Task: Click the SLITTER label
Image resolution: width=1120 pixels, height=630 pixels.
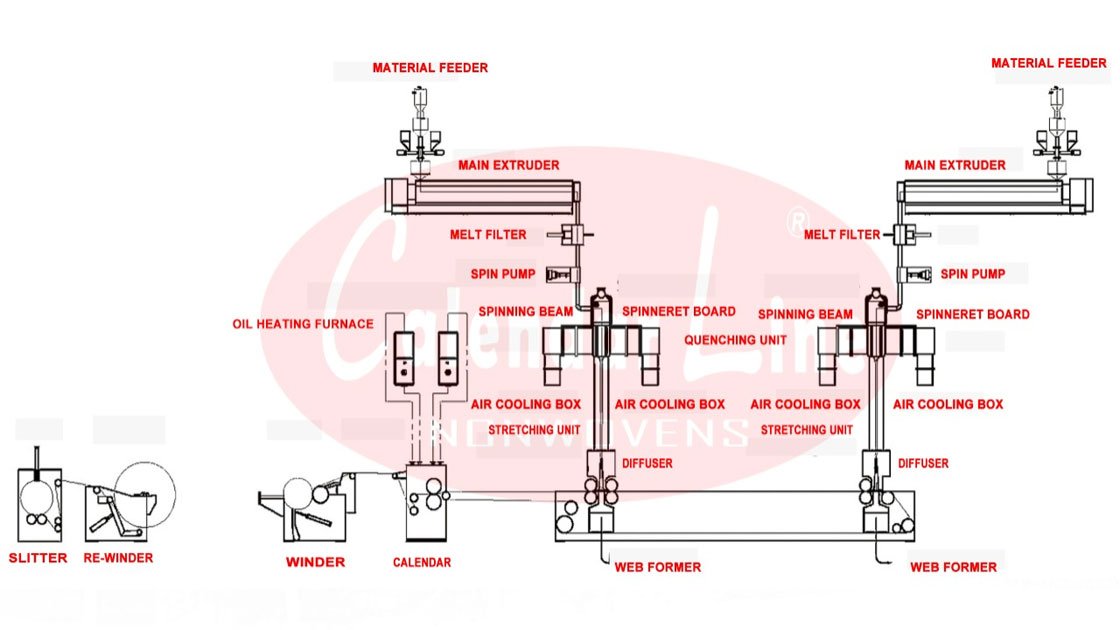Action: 38,557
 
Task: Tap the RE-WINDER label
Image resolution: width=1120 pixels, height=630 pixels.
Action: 118,557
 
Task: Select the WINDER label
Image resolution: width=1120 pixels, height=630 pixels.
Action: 315,562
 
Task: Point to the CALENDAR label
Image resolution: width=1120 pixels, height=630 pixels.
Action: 421,562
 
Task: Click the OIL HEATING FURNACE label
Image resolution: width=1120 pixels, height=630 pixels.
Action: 303,323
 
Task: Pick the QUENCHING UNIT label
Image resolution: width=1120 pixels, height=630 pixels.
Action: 734,339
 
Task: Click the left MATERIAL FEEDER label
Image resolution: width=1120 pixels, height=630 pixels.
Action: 430,68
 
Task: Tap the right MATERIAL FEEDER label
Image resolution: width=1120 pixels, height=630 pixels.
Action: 1049,63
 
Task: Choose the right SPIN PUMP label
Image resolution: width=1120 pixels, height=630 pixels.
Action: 973,273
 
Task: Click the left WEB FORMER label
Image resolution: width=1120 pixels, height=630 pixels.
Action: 657,567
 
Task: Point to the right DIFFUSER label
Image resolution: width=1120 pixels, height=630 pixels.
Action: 923,463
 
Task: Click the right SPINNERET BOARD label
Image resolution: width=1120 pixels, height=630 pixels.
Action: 972,313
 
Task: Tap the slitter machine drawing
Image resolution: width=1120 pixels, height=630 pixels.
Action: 41,500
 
